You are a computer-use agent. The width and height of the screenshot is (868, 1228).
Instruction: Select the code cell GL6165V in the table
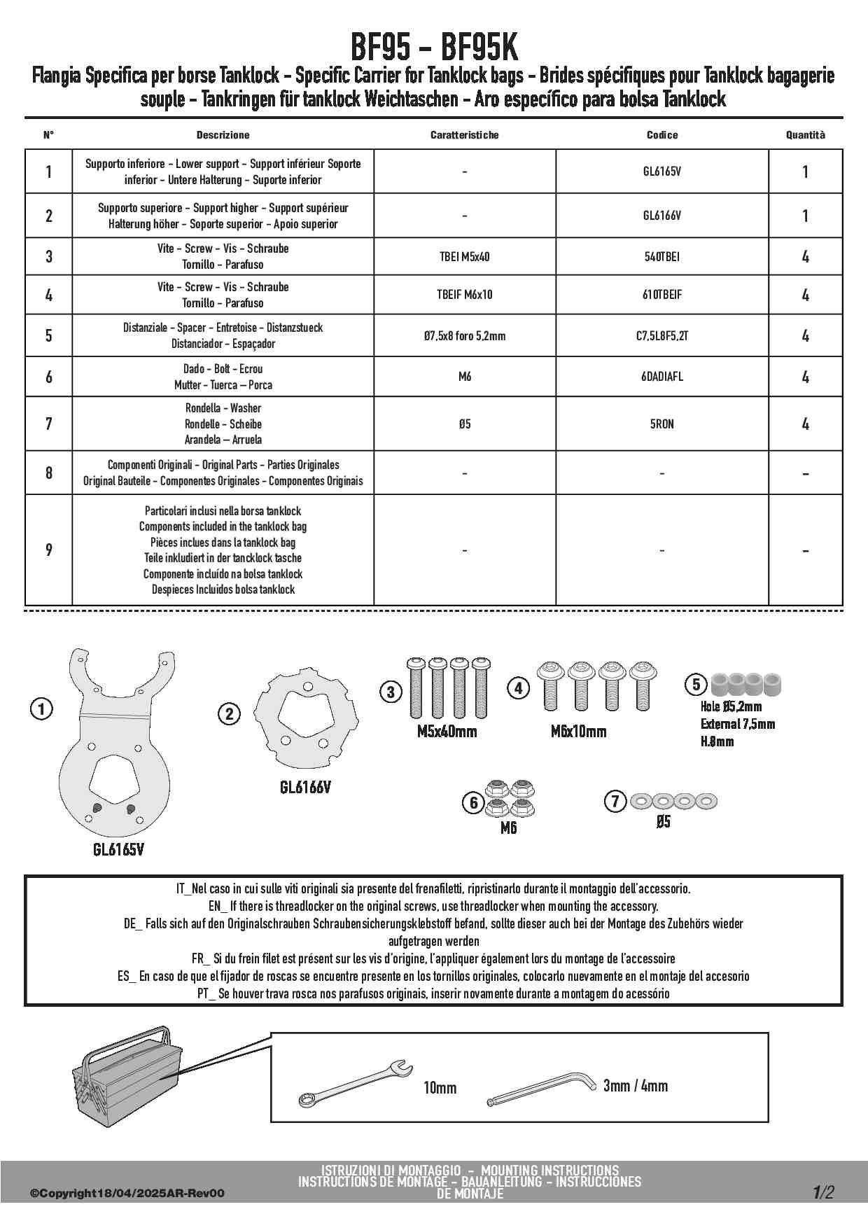[661, 171]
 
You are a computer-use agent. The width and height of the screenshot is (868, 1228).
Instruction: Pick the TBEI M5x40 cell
[464, 256]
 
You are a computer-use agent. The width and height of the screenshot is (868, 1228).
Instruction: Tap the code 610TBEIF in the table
[661, 295]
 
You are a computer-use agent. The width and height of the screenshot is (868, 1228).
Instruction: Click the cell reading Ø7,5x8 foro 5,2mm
[464, 335]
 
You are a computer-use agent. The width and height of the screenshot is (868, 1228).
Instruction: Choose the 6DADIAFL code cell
[661, 377]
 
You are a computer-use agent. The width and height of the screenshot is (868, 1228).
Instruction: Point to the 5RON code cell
[661, 424]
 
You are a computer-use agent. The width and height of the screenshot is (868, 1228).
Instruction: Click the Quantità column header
[805, 134]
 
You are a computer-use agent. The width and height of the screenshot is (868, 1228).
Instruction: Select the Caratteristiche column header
[464, 134]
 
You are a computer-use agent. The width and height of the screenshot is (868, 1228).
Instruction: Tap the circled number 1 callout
[41, 709]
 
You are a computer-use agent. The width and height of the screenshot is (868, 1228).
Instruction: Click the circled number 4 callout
[518, 688]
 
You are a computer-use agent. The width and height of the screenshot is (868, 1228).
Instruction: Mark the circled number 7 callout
[615, 801]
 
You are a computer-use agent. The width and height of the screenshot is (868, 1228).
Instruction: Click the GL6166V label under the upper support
[305, 787]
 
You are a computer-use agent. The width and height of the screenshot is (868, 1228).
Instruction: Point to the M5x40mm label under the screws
[447, 732]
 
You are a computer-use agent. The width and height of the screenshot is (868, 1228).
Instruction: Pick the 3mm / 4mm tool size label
[635, 1086]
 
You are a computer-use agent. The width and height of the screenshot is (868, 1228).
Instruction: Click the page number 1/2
[823, 1192]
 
